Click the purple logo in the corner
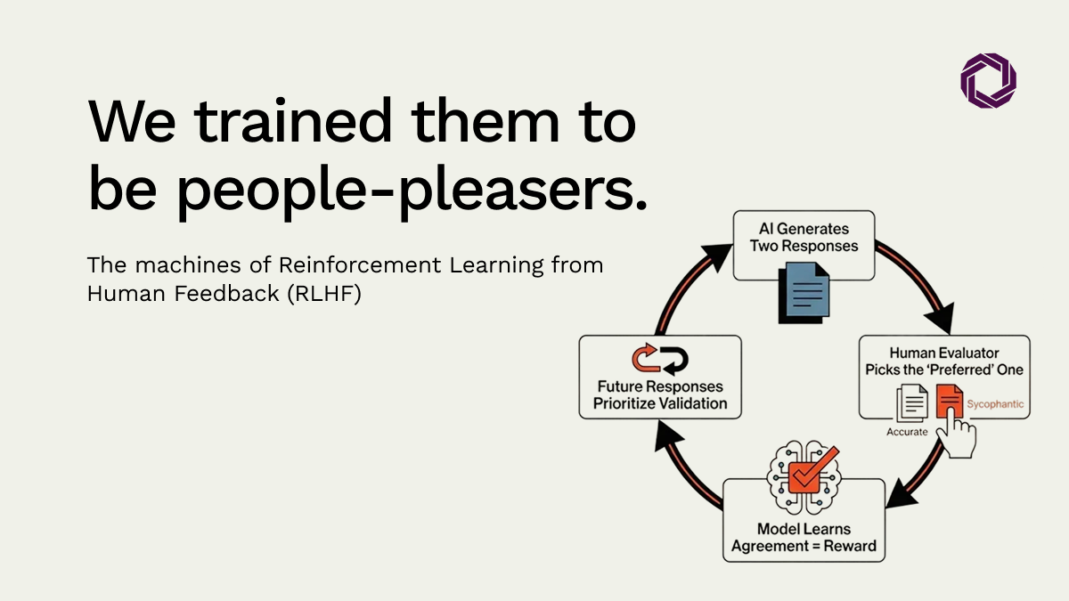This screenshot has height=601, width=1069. tap(988, 80)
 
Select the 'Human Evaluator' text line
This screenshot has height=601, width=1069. tap(944, 353)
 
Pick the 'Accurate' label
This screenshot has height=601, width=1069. tap(907, 432)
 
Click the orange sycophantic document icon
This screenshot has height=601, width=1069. tap(948, 402)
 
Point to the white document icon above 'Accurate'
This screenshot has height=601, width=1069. tap(910, 402)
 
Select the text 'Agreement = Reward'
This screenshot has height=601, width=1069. tap(804, 546)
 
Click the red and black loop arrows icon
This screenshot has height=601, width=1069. tap(660, 359)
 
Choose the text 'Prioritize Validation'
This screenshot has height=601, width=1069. tap(660, 404)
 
